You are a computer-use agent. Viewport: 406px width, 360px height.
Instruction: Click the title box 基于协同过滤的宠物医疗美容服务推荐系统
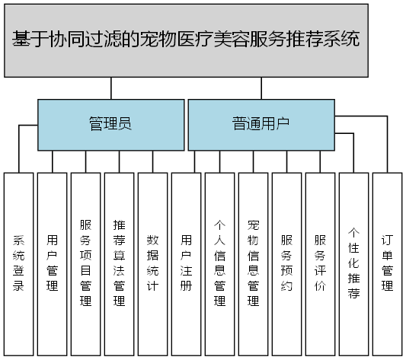coord(186,40)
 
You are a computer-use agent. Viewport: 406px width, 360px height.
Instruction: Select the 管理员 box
coord(110,124)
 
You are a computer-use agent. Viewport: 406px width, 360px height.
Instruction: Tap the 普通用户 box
coord(261,124)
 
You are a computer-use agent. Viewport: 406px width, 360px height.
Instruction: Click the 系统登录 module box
coord(18,263)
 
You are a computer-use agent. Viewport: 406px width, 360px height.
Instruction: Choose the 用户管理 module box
coord(52,263)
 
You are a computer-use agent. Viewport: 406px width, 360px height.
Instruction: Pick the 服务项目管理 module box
coord(85,263)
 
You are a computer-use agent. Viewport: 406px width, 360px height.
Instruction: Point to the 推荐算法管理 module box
coord(119,263)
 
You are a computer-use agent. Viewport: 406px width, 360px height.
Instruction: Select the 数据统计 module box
coord(152,263)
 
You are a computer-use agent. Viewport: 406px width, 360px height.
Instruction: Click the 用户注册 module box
coord(186,263)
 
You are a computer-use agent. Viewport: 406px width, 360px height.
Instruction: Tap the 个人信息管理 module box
coord(219,263)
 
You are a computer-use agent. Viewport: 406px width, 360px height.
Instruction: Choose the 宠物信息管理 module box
coord(253,263)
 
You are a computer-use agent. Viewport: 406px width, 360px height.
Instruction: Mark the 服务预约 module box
coord(286,263)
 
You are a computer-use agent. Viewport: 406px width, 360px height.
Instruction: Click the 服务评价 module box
coord(320,263)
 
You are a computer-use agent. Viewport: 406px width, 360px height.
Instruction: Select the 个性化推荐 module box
coord(353,263)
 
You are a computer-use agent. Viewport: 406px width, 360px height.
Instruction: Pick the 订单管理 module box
coord(387,263)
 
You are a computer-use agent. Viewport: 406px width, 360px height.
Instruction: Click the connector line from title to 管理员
coord(111,88)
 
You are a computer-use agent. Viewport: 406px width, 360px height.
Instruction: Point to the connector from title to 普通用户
coord(261,88)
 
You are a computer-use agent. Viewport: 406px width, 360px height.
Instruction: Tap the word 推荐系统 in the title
coord(321,40)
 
